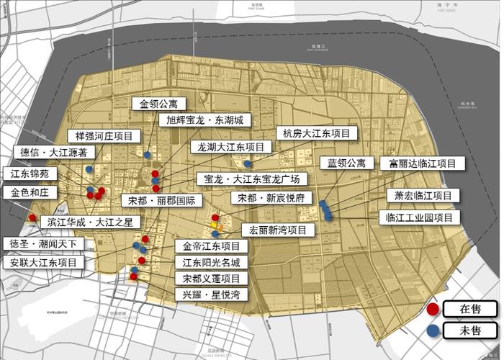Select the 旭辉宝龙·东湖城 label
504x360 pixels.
pos(204,120)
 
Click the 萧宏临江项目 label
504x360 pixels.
pos(423,195)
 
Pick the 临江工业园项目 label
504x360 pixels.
pos(419,217)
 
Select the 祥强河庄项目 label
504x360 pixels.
pos(104,135)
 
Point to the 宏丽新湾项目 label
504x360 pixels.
pos(278,230)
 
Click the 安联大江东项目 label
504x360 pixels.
pos(43,263)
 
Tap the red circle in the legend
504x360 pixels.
pos(433,309)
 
